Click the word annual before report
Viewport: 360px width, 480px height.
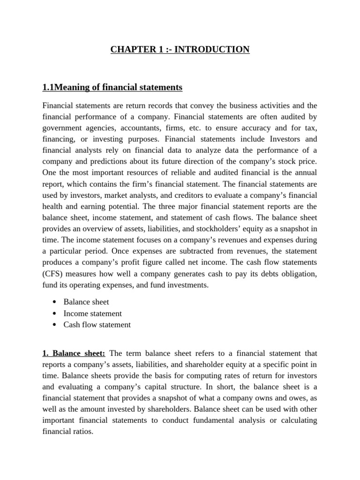point(306,173)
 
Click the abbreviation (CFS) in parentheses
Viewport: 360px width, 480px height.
point(52,274)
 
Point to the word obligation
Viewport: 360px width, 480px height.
point(297,274)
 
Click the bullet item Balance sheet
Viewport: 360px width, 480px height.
point(86,302)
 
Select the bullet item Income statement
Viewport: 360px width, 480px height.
point(92,313)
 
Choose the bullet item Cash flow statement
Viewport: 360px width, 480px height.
point(97,324)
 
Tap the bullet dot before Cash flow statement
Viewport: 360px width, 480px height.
point(55,325)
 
